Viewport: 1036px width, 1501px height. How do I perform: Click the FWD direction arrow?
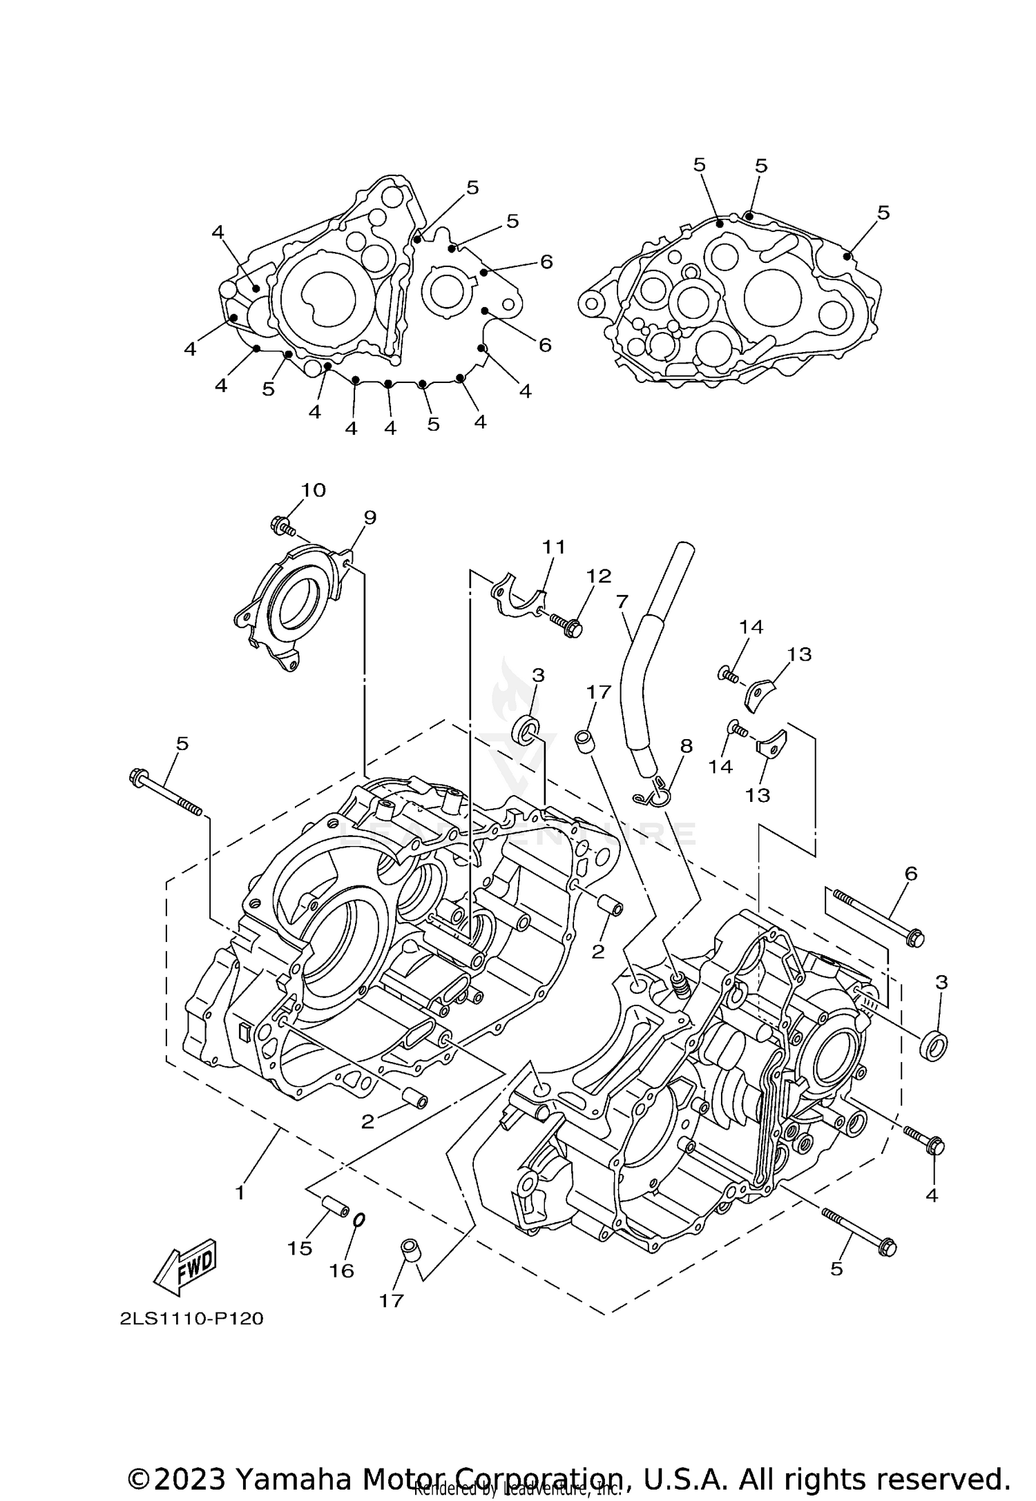click(185, 1268)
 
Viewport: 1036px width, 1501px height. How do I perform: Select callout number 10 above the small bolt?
click(312, 490)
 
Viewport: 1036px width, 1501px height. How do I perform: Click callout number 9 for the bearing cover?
click(370, 518)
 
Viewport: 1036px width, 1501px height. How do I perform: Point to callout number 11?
click(553, 547)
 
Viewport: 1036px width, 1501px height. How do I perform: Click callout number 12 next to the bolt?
click(599, 576)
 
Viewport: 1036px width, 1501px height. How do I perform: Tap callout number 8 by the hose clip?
click(685, 746)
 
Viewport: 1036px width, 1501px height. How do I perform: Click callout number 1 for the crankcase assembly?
click(240, 1193)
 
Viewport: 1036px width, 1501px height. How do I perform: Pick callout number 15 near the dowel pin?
click(300, 1248)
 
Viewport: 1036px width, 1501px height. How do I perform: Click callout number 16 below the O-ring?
click(341, 1271)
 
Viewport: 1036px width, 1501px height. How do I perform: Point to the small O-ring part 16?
click(358, 1220)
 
